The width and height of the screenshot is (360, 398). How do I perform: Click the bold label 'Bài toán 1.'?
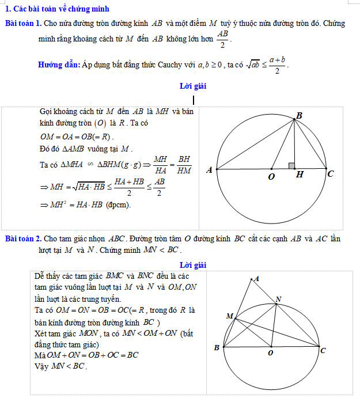(x=22, y=24)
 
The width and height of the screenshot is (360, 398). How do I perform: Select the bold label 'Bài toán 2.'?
(x=22, y=238)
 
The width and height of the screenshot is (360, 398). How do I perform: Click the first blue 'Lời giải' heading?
(x=193, y=86)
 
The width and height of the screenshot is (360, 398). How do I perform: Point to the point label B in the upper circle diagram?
(x=298, y=116)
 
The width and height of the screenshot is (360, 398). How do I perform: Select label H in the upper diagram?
(x=299, y=175)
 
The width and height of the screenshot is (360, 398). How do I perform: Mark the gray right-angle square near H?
(x=292, y=166)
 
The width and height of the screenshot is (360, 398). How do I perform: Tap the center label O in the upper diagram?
(x=271, y=176)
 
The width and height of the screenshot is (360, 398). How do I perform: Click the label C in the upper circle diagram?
(x=331, y=173)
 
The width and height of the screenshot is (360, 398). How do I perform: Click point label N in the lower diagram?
(x=279, y=298)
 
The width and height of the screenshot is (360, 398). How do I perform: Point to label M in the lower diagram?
(x=229, y=316)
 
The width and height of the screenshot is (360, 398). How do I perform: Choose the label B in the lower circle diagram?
(x=217, y=347)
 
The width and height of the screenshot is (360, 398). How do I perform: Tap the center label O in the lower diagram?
(x=270, y=352)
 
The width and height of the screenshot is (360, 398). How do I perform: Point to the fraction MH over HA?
(x=161, y=164)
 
